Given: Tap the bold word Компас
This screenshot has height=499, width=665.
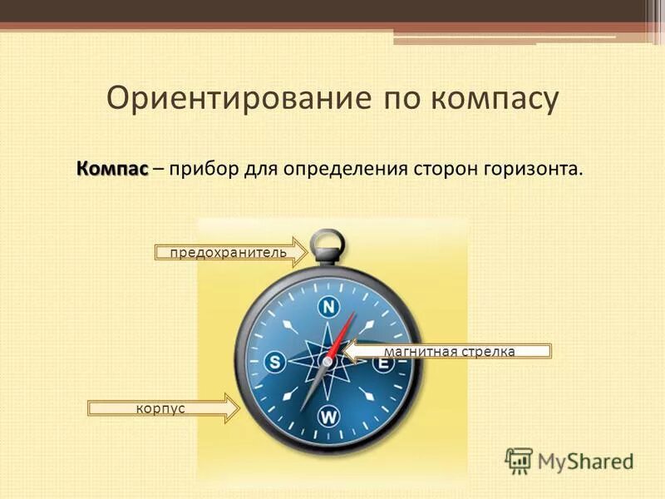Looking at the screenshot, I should pos(112,169).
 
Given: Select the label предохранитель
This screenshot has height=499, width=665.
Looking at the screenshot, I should pos(228,252).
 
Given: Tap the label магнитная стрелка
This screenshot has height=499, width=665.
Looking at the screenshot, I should pos(449,352).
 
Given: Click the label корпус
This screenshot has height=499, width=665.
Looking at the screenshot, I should pos(160,408).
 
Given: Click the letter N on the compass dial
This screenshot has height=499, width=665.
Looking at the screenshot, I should pos(329,308).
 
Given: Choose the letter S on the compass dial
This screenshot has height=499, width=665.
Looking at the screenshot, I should pos(275,363).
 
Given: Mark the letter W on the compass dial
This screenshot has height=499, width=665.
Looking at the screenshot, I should pos(329,416).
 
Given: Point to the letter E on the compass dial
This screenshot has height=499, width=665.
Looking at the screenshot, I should pos(383,363).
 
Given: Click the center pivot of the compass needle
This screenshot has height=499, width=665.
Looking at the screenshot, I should pos(328,363).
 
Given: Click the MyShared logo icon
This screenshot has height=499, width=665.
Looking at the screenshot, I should pos(519,460).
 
